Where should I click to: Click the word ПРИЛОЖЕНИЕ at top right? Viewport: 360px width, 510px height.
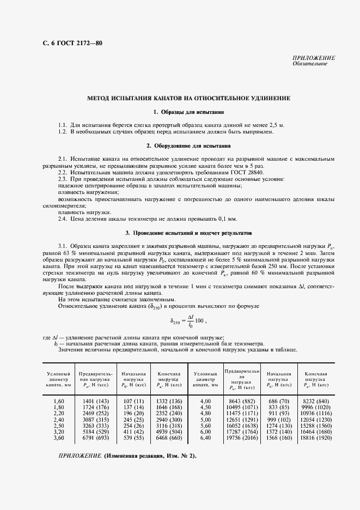[314, 58]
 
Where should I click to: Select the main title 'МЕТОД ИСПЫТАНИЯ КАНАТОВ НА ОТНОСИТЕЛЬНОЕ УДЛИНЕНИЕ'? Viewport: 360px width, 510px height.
[189, 98]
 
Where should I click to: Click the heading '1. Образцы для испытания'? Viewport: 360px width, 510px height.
[189, 112]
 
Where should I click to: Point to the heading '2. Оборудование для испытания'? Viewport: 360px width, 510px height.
[189, 146]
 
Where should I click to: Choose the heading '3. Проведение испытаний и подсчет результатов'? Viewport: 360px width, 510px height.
[189, 233]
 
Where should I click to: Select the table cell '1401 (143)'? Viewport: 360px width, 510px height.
[95, 400]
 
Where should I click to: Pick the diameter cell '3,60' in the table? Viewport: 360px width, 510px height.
[59, 438]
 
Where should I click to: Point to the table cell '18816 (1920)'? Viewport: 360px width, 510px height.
[315, 438]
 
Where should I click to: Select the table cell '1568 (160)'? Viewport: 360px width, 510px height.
[278, 438]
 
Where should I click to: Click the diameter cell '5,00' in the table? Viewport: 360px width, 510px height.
[205, 419]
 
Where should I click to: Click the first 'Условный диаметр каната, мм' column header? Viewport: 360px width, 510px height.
[59, 379]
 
